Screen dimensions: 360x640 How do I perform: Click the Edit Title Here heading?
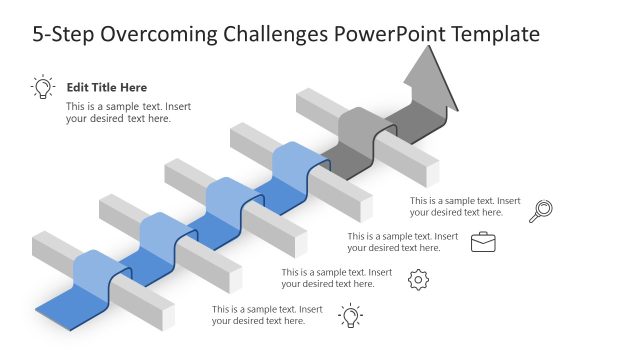[106, 88]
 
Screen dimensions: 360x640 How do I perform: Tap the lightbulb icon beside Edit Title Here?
[43, 87]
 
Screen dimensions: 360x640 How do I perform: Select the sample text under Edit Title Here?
[118, 112]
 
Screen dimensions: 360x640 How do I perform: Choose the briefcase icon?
[483, 241]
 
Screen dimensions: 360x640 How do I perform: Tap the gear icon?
[419, 280]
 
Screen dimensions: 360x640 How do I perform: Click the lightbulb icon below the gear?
[350, 316]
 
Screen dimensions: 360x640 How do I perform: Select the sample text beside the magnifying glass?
[465, 206]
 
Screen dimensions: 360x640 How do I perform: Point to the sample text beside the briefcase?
[402, 242]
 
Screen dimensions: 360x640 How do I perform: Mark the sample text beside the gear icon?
[336, 278]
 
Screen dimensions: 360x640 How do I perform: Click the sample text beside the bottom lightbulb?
[267, 315]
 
